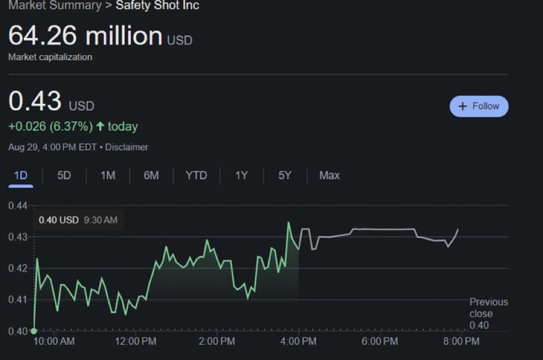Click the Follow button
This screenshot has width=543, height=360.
pos(479,106)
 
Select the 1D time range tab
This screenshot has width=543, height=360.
pos(21,175)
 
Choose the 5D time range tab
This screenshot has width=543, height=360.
pos(64,175)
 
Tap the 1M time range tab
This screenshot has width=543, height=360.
pos(108,175)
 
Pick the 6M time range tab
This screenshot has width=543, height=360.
pos(151,175)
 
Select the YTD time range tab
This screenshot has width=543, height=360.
pos(196,175)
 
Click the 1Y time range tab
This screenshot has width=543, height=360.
pos(242,175)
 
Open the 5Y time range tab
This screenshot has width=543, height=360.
pos(285,175)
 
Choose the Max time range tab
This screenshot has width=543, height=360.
pos(329,175)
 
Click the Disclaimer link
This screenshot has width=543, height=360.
pos(127,147)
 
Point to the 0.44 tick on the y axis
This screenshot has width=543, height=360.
pos(18,206)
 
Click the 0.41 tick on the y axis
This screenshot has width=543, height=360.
pos(18,300)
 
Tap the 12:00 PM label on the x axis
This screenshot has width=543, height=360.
pos(136,341)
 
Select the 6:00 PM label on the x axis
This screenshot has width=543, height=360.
pos(380,341)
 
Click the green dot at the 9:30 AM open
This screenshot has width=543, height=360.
pos(34,331)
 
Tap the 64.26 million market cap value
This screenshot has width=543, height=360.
pos(85,36)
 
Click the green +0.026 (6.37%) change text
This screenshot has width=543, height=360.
pos(50,126)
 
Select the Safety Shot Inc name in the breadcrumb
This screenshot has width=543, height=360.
pos(157,6)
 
